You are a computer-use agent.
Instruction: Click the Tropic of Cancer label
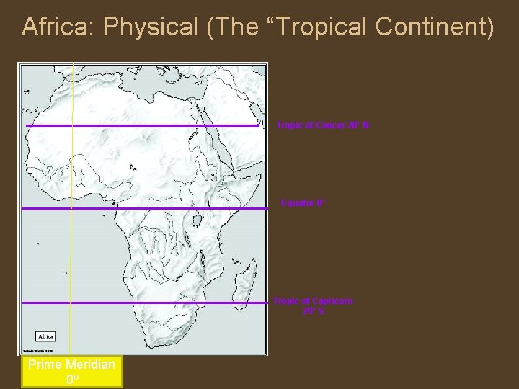point(323,125)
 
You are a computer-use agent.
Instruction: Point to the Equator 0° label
point(303,204)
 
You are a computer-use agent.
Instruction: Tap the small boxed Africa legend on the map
point(45,336)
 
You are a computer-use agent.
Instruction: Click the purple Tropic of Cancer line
point(144,125)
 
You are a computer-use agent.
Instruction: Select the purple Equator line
point(144,208)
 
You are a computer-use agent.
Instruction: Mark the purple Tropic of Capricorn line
point(144,303)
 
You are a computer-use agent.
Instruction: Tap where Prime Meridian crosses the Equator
point(71,208)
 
